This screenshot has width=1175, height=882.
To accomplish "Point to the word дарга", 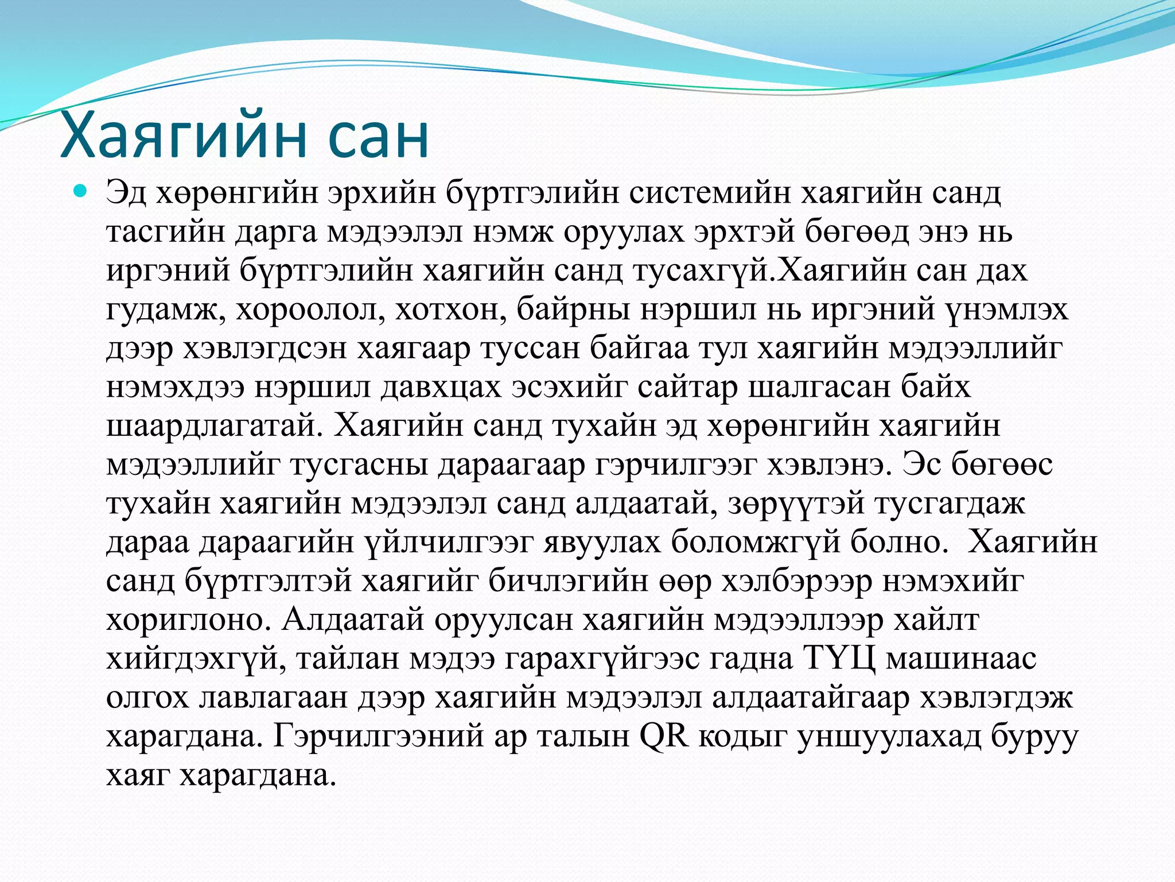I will (281, 233).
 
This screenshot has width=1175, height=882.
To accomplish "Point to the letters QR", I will (663, 736).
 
